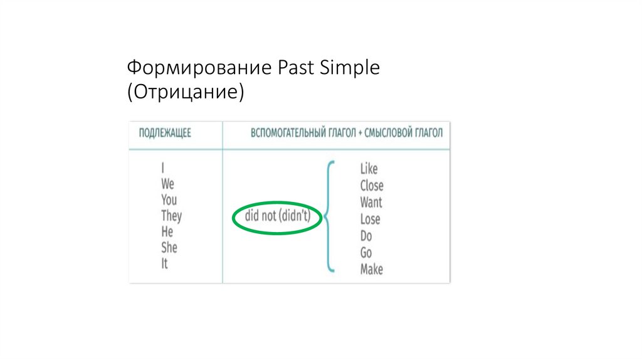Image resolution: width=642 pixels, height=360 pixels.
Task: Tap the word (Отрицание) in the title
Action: [x=186, y=92]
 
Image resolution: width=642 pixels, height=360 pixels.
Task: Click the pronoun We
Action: [x=167, y=184]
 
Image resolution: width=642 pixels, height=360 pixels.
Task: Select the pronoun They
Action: [x=171, y=216]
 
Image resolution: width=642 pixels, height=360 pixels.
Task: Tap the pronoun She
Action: [x=169, y=248]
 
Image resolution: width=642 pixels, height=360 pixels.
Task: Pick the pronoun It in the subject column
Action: [x=164, y=263]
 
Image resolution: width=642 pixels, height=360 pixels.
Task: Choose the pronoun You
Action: [x=169, y=200]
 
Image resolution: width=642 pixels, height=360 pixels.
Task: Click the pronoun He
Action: [x=167, y=232]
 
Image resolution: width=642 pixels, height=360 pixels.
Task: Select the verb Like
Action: [x=369, y=169]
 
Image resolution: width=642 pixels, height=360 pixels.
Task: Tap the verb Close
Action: [x=372, y=186]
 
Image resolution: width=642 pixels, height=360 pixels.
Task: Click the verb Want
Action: [x=371, y=203]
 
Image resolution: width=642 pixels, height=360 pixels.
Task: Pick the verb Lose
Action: [x=370, y=220]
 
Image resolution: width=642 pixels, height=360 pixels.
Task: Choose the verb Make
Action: [x=371, y=270]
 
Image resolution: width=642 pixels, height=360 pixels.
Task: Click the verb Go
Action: [x=366, y=253]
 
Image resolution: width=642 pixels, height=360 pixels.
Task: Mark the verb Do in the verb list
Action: [x=366, y=236]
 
